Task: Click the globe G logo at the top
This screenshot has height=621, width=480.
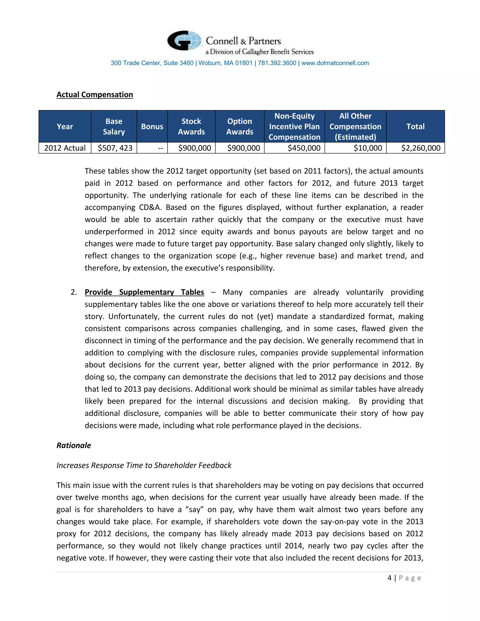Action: click(x=184, y=41)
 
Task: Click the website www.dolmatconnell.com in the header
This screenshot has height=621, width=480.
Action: click(x=335, y=63)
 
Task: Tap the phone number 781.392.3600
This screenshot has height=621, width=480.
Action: click(x=277, y=63)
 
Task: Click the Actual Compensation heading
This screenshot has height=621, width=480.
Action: click(x=95, y=95)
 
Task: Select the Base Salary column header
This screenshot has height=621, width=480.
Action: click(x=114, y=127)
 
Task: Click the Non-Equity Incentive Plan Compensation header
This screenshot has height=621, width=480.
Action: click(x=294, y=127)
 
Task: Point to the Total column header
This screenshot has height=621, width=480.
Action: click(x=415, y=127)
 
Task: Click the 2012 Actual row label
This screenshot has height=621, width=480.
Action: click(x=65, y=148)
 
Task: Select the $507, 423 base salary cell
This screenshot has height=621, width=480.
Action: click(x=115, y=148)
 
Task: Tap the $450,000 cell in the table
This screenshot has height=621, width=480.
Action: click(x=304, y=148)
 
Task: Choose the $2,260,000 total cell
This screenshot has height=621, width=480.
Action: click(x=420, y=148)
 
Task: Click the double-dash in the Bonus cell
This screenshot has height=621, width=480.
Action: click(x=161, y=148)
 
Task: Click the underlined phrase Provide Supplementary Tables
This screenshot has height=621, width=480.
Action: click(x=144, y=292)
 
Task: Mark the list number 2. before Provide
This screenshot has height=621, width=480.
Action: click(x=74, y=292)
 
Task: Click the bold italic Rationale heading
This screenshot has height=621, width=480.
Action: click(x=74, y=445)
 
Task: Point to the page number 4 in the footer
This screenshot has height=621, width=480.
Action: click(x=389, y=578)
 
